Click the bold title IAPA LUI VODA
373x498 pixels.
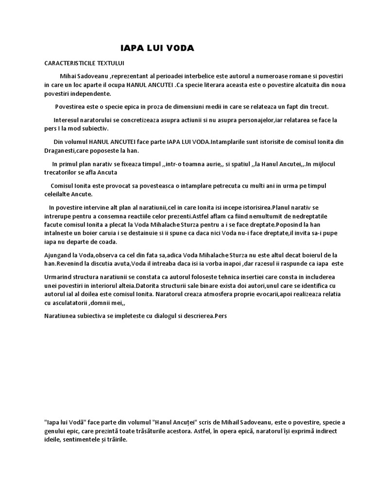[157, 48]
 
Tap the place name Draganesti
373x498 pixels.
[62, 150]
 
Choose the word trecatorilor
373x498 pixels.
[63, 172]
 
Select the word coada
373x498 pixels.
[107, 242]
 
